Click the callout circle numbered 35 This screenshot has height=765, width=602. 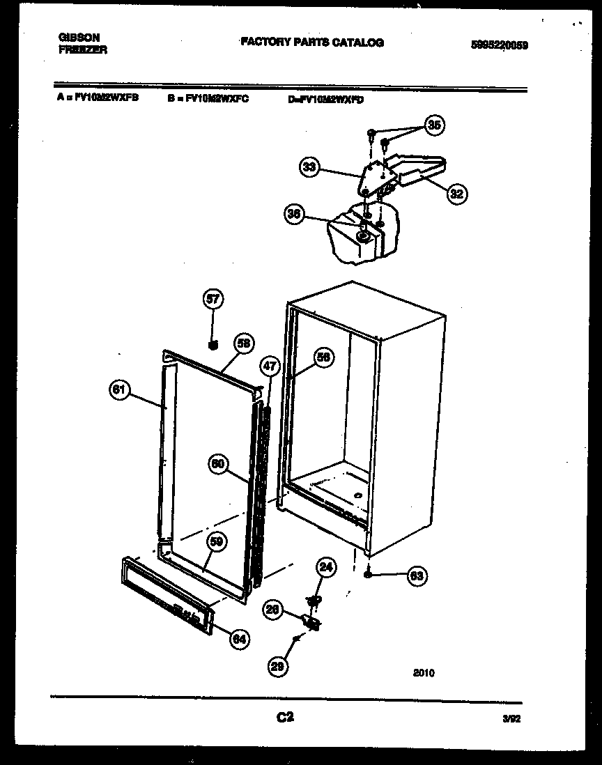434,125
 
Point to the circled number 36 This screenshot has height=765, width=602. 295,215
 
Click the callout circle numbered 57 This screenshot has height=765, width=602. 213,300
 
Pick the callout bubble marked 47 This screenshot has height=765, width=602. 269,365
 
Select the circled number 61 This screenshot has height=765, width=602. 120,390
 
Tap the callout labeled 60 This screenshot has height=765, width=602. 218,465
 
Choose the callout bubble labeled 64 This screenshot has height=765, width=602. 239,638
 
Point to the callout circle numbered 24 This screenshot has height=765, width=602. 325,567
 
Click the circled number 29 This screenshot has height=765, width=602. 278,666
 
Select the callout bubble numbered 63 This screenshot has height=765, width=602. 417,575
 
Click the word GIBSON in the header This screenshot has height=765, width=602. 79,38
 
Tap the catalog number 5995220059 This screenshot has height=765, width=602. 499,45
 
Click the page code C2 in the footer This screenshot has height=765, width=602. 285,717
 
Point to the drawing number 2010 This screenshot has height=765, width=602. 423,673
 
